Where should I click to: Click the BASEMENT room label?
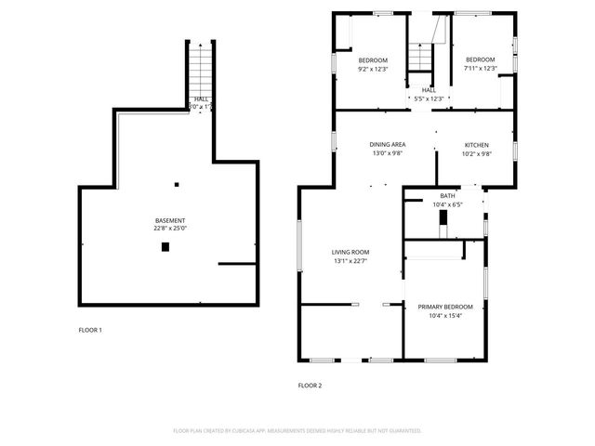tap(169, 220)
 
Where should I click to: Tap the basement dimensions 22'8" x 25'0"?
tap(169, 228)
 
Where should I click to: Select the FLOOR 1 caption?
tap(90, 330)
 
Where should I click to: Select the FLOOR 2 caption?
tap(310, 385)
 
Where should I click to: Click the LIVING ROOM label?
tap(350, 252)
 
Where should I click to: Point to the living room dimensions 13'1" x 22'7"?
tap(350, 260)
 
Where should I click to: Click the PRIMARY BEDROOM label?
tap(444, 307)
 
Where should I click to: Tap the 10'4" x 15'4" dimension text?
tap(444, 315)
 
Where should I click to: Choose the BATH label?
tap(447, 196)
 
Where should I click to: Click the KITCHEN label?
tap(476, 145)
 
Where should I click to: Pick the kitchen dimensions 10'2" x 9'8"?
tap(476, 153)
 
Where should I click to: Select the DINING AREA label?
tap(387, 145)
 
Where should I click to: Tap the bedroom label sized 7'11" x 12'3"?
tap(481, 60)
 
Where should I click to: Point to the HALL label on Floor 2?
tap(429, 90)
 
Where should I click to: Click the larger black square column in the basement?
tap(165, 246)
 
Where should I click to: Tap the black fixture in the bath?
tap(443, 219)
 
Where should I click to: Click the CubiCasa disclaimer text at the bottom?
tap(297, 431)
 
